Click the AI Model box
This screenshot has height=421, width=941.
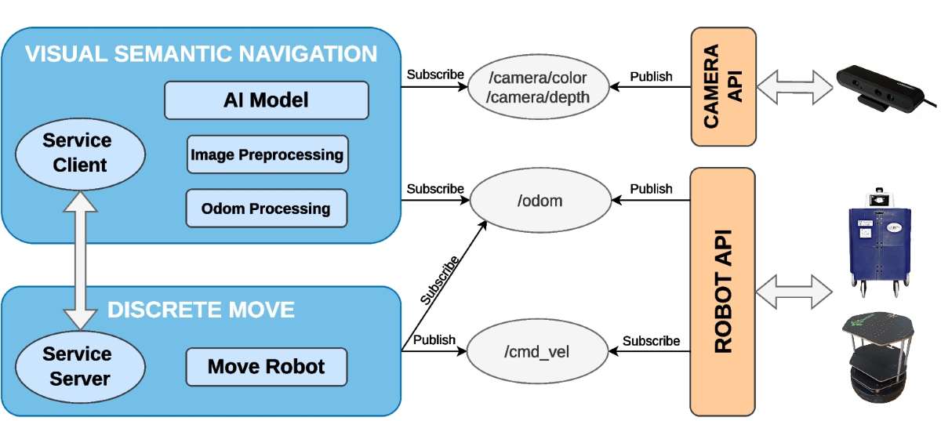coord(267,100)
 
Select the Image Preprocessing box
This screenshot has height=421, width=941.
coord(267,154)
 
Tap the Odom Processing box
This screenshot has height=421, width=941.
coord(267,209)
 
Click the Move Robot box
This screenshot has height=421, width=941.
coord(267,367)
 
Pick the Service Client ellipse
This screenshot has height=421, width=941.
coord(80,154)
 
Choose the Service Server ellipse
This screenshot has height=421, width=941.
coord(80,367)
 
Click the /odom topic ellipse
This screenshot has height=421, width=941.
coord(540,201)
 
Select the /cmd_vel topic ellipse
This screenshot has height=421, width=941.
coord(537,351)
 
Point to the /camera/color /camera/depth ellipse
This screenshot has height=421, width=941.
coord(538,87)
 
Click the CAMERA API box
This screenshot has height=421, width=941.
coord(723,87)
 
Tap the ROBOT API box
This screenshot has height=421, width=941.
coord(722,292)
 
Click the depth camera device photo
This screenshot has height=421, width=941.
coord(885,89)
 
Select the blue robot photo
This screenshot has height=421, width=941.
coord(880,242)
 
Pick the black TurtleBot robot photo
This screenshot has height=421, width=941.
coord(878,357)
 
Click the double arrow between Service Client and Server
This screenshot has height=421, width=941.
coord(80,260)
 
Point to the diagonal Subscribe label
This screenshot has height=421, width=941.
coord(440,280)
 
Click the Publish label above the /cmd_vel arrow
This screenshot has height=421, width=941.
coord(434,339)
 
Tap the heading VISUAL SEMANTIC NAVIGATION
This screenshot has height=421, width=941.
coord(202,54)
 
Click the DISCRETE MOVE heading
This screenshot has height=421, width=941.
coord(202,310)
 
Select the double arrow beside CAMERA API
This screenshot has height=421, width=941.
coord(794,87)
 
